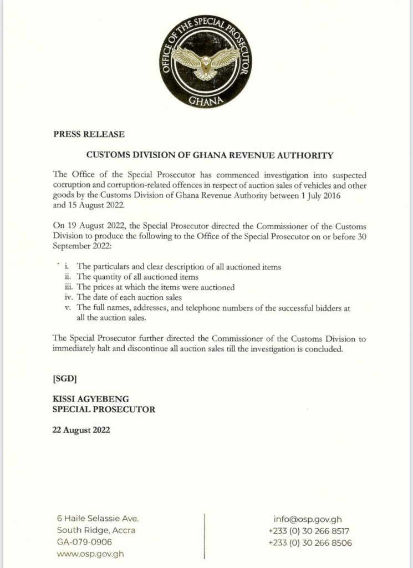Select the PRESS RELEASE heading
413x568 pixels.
coord(89,134)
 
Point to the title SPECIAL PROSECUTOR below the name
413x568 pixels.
coord(104,410)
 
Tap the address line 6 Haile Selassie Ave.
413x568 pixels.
coord(98,519)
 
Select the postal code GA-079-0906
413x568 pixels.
coord(84,541)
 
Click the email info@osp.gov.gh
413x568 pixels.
coord(308,519)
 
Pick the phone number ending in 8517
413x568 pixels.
coord(309,530)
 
